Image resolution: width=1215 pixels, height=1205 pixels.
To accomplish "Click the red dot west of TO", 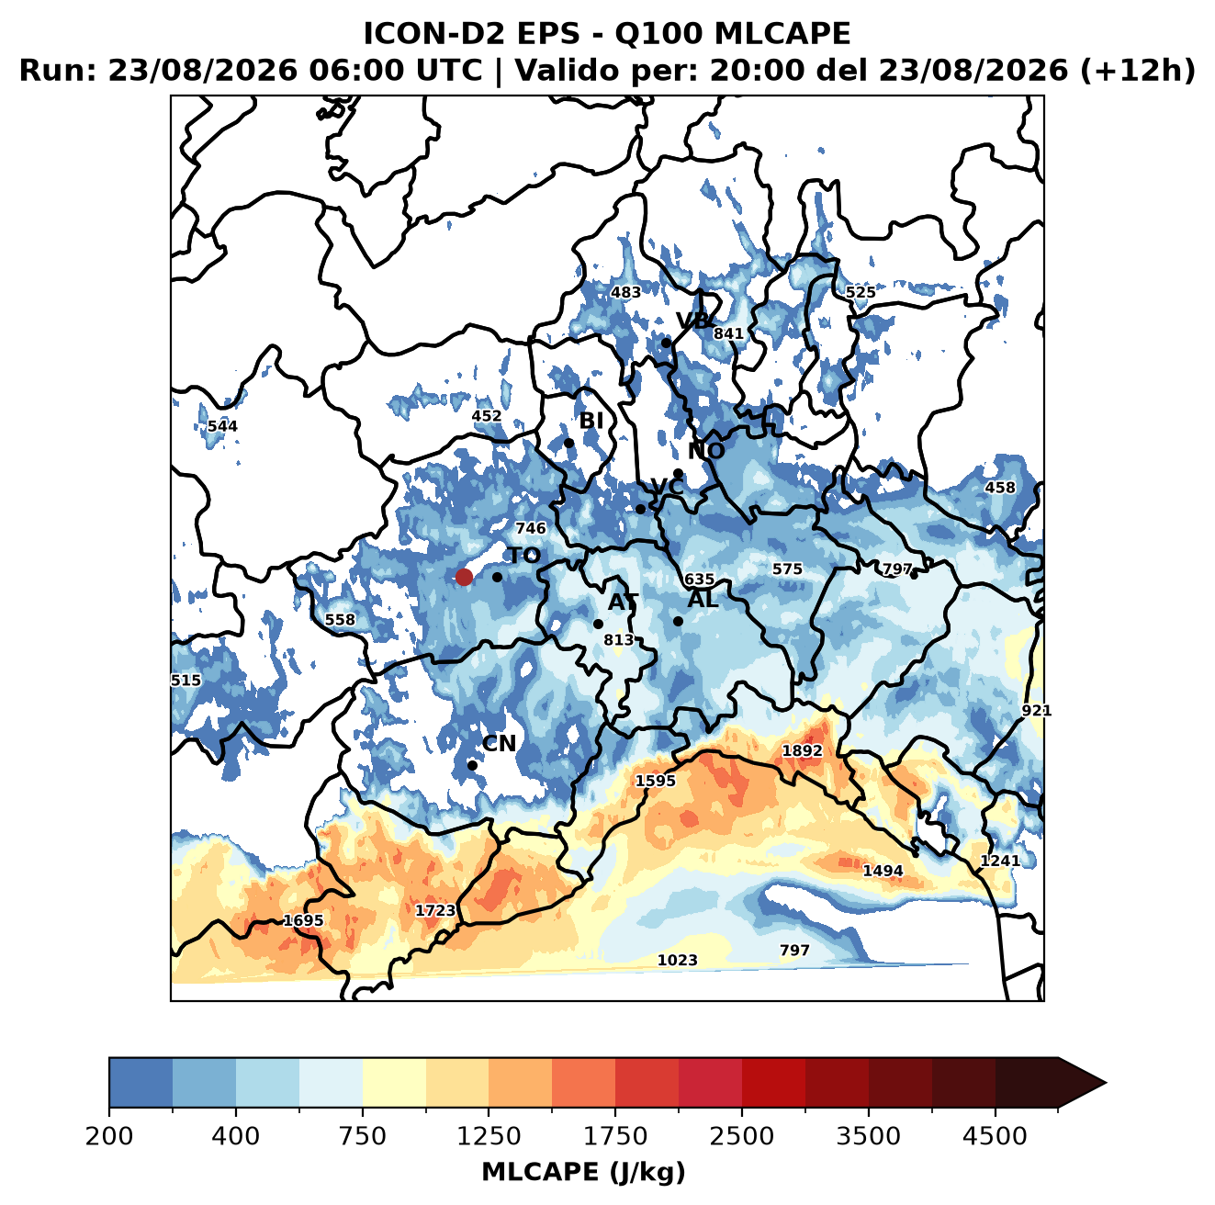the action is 464,577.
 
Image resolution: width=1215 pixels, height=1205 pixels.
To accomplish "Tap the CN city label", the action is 498,743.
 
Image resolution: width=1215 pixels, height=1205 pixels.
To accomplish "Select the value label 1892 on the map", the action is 802,750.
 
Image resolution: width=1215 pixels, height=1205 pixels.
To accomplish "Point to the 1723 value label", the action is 435,910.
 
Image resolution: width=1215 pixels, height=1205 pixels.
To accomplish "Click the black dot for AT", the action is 598,624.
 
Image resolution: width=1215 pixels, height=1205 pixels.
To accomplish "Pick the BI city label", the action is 591,420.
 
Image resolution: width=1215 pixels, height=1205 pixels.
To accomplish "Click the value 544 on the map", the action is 222,425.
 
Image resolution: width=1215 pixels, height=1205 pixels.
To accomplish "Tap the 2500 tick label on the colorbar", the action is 741,1135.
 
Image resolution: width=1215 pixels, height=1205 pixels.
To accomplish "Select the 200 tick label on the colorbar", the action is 109,1135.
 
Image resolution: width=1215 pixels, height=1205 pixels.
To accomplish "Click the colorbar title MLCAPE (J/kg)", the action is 583,1172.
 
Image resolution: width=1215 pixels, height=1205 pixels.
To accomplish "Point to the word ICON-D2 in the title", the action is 434,33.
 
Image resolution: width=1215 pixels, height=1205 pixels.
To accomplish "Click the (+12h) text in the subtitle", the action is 1138,71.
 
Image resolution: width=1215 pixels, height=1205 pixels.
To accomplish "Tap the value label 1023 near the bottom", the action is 677,960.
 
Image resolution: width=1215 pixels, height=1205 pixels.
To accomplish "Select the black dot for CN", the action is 472,765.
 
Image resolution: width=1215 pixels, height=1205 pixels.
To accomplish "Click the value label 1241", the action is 1000,860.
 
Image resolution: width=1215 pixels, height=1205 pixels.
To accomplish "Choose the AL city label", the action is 703,599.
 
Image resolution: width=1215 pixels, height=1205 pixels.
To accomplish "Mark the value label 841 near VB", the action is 728,332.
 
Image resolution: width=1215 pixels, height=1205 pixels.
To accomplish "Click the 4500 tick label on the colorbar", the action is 995,1135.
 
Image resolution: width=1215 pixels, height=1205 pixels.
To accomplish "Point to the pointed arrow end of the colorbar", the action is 1106,1083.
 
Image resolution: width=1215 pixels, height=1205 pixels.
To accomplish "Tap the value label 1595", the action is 655,780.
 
